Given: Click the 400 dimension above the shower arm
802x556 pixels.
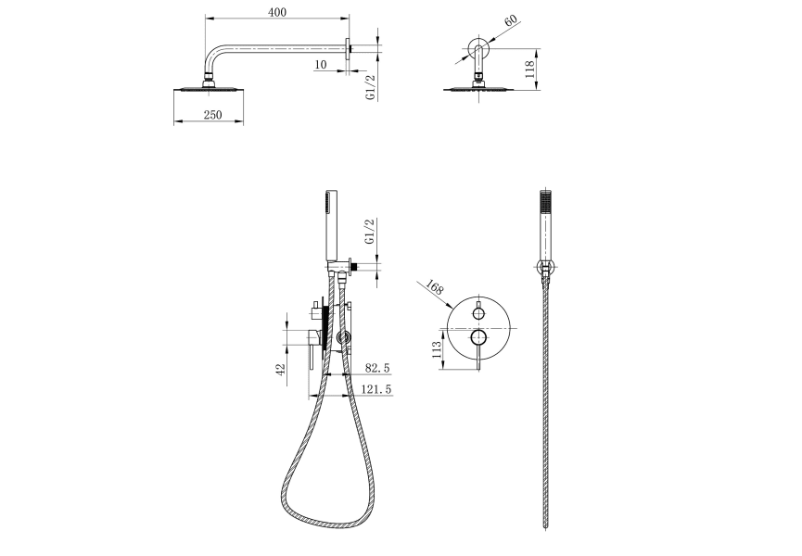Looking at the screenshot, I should pos(276,11).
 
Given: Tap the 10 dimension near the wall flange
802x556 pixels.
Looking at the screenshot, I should pos(320,64).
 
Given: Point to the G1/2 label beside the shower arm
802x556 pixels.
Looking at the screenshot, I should pos(370,82).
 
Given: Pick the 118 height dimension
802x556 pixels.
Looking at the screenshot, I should pos(530,71).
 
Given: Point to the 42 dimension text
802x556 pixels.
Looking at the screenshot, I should pos(281,369).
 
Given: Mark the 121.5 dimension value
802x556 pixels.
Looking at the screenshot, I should pos(375,390).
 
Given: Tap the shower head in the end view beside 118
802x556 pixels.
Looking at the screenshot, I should pos(479,89).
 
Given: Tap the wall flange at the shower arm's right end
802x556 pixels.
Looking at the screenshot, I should pos(349,49).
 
